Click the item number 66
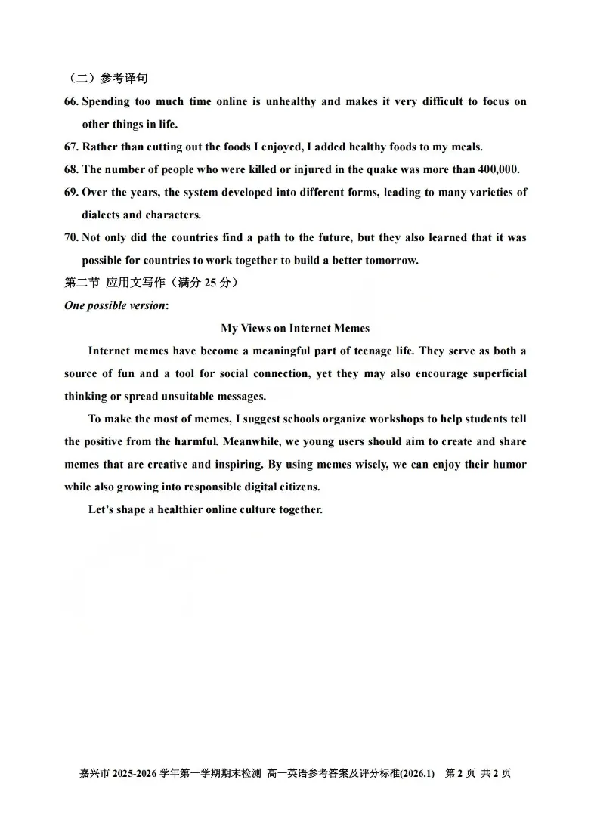(71, 101)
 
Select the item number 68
(71, 169)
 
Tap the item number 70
(71, 237)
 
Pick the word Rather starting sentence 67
(99, 147)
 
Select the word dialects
(101, 215)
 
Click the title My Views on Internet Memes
(295, 328)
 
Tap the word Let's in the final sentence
(101, 509)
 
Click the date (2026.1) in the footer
(418, 773)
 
